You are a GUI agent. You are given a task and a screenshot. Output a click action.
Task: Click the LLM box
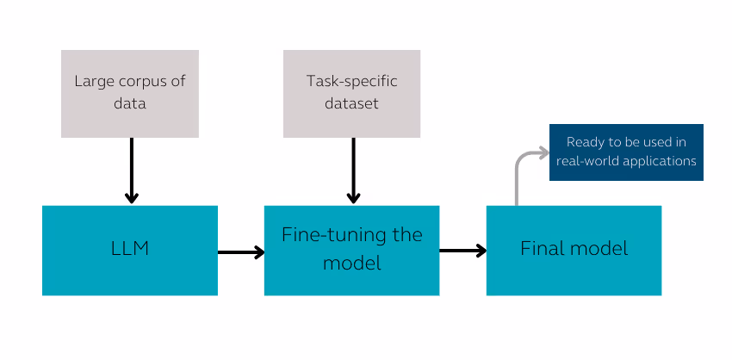129,250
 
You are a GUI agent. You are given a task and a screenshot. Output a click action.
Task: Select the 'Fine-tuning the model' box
351,250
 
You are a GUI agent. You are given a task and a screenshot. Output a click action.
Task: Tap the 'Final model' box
574,250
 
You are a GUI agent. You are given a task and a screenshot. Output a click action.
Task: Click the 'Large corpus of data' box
129,93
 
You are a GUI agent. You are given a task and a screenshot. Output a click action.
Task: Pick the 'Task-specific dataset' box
351,93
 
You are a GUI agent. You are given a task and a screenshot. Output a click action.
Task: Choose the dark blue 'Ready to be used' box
626,152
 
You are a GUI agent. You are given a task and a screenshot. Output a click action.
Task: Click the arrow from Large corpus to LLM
131,171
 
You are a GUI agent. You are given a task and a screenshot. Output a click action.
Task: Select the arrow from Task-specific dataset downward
353,171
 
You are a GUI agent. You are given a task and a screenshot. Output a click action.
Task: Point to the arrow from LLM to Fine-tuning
241,252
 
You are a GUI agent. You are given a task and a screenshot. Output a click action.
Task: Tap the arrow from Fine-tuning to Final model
462,251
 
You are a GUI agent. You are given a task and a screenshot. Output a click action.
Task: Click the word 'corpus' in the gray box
138,82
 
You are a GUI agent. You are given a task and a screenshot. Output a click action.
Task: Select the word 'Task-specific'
351,82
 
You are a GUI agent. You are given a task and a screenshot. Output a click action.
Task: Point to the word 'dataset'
351,104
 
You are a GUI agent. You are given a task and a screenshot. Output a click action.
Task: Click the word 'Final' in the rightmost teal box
541,249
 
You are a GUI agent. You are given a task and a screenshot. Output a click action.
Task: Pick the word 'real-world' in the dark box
587,161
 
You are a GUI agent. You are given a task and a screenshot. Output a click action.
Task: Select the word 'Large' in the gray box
93,82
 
